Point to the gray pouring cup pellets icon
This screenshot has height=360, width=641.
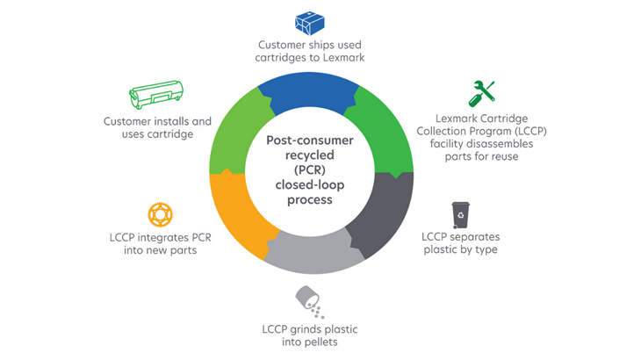click(x=309, y=301)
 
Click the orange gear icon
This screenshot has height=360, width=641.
click(x=160, y=213)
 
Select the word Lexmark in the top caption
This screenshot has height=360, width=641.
click(x=342, y=57)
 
